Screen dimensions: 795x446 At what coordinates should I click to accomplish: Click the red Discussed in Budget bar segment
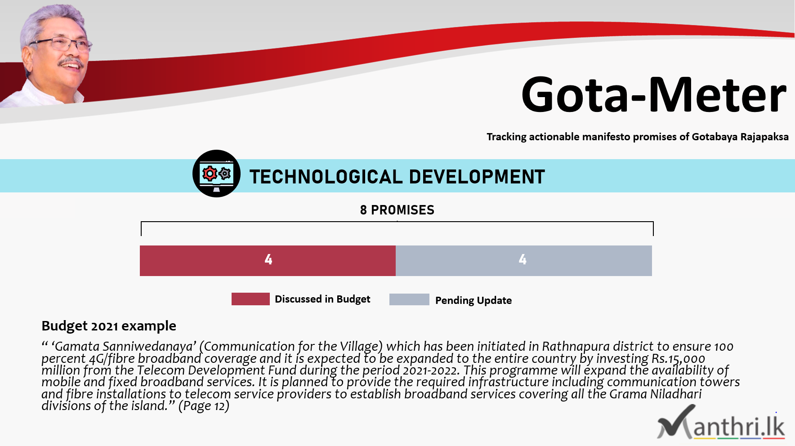pyautogui.click(x=268, y=261)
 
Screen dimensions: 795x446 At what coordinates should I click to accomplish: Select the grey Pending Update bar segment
pyautogui.click(x=524, y=261)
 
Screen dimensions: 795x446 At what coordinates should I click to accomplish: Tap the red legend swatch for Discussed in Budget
pyautogui.click(x=250, y=299)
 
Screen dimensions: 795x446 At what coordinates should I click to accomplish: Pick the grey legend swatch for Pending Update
pyautogui.click(x=409, y=299)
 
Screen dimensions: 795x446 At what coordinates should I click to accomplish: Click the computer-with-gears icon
pyautogui.click(x=216, y=174)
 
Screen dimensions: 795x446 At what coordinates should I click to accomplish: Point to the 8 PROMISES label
pyautogui.click(x=397, y=210)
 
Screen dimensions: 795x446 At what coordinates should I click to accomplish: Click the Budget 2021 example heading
pyautogui.click(x=109, y=326)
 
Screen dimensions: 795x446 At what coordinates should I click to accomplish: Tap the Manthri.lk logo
pyautogui.click(x=721, y=423)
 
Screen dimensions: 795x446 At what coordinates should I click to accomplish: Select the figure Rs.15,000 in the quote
pyautogui.click(x=678, y=359)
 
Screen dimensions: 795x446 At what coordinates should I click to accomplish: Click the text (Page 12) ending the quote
pyautogui.click(x=204, y=406)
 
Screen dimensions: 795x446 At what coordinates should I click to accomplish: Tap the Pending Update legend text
pyautogui.click(x=473, y=300)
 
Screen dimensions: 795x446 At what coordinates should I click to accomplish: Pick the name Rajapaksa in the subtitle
pyautogui.click(x=764, y=137)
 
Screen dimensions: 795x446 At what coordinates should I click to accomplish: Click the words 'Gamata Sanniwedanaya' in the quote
pyautogui.click(x=124, y=347)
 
